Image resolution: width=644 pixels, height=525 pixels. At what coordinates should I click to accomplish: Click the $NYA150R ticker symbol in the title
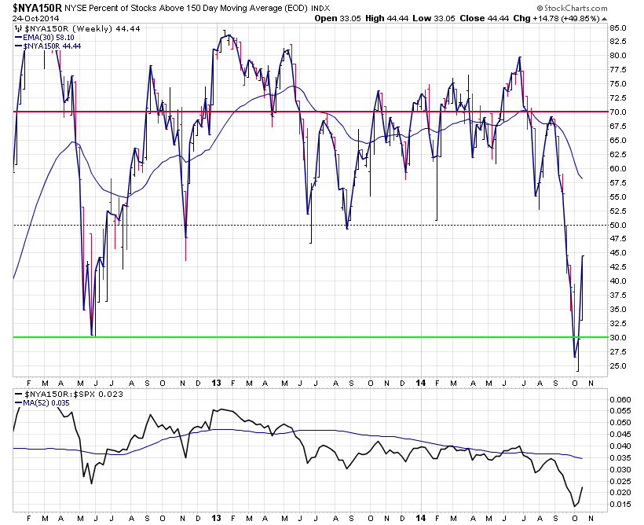(x=35, y=8)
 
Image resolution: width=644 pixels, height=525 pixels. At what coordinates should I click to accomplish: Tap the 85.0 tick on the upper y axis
(x=617, y=28)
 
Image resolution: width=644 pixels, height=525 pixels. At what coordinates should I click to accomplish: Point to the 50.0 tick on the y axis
(x=617, y=225)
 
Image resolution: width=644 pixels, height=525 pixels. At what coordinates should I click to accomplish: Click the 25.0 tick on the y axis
(x=617, y=365)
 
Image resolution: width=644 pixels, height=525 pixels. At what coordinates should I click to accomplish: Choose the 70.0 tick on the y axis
(x=617, y=112)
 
